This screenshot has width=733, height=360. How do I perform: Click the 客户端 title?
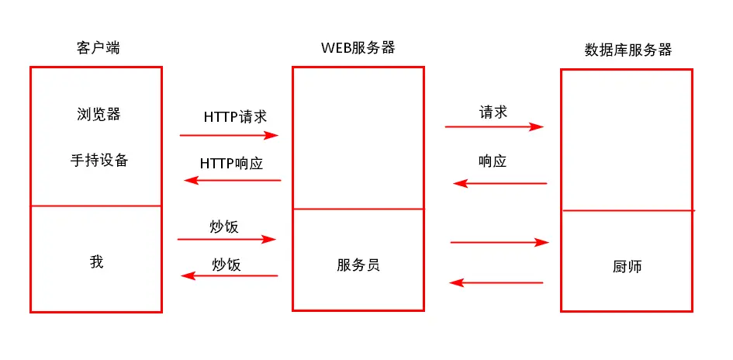(x=96, y=49)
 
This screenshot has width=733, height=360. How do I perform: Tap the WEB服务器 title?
(x=358, y=47)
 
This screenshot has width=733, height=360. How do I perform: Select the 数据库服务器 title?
(x=627, y=50)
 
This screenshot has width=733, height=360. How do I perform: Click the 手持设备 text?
(x=99, y=161)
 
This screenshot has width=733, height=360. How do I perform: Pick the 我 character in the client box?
(x=96, y=261)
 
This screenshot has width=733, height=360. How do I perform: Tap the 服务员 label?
(x=358, y=265)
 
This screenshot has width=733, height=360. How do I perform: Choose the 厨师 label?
(x=627, y=267)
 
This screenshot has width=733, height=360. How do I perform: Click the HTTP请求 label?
(x=235, y=117)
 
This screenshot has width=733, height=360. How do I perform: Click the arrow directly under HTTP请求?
(x=229, y=135)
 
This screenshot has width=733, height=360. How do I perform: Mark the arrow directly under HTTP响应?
(x=232, y=180)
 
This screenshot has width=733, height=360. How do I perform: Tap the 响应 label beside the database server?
(x=493, y=162)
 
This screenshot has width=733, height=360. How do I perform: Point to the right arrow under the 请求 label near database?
(x=493, y=126)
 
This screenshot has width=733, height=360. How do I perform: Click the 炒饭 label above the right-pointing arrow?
(x=224, y=227)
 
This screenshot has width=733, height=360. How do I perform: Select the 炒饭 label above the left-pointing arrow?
(x=226, y=265)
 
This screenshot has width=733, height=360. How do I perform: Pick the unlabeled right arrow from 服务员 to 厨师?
(x=499, y=243)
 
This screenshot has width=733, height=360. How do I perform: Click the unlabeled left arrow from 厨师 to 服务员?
(x=496, y=282)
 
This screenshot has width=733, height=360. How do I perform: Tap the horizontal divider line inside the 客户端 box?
(x=96, y=206)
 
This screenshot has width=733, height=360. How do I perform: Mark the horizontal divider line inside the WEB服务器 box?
(x=358, y=209)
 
